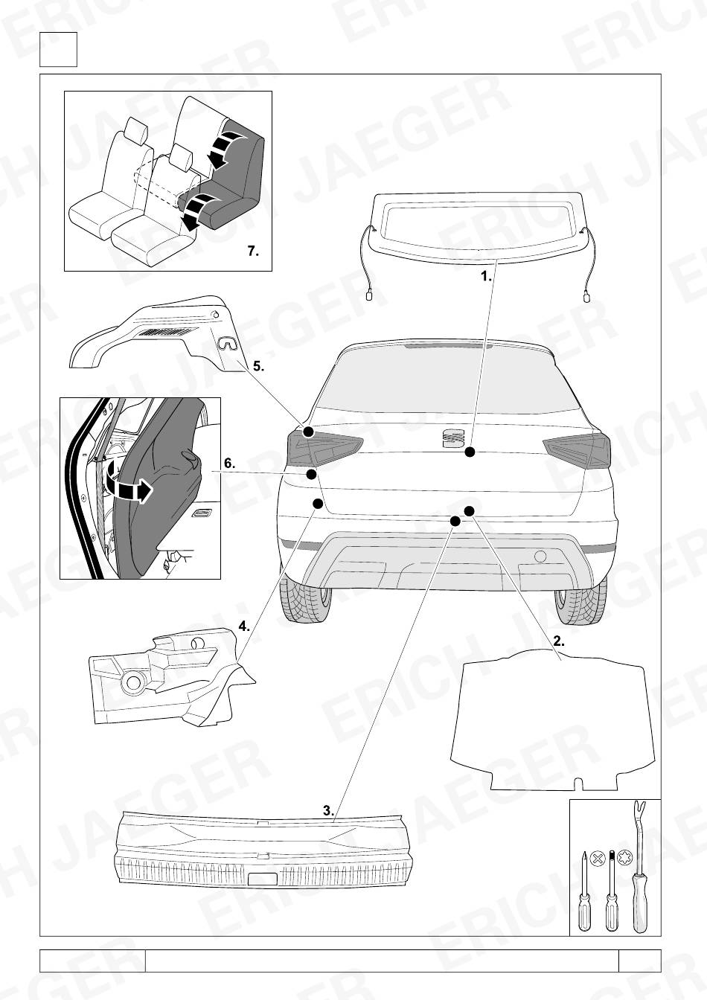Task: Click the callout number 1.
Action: [x=486, y=276]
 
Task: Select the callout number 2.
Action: [x=559, y=641]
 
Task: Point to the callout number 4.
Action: [x=244, y=626]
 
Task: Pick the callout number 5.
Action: [x=258, y=366]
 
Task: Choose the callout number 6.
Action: [x=229, y=464]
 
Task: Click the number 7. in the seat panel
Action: [x=253, y=251]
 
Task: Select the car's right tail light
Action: [x=577, y=450]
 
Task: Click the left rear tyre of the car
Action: [x=307, y=598]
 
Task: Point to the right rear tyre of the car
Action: [x=580, y=600]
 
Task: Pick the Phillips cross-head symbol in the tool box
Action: [x=597, y=858]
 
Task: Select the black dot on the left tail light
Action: [x=308, y=432]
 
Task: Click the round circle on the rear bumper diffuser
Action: [x=540, y=557]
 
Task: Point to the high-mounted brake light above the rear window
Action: [x=448, y=345]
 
